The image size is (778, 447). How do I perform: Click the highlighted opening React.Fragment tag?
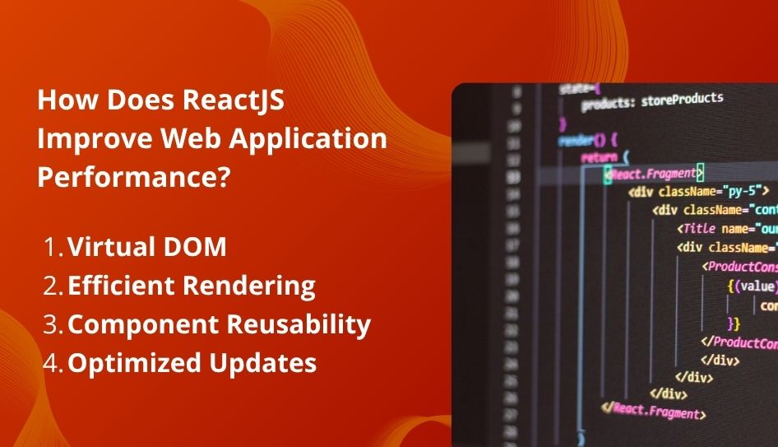(x=654, y=173)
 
